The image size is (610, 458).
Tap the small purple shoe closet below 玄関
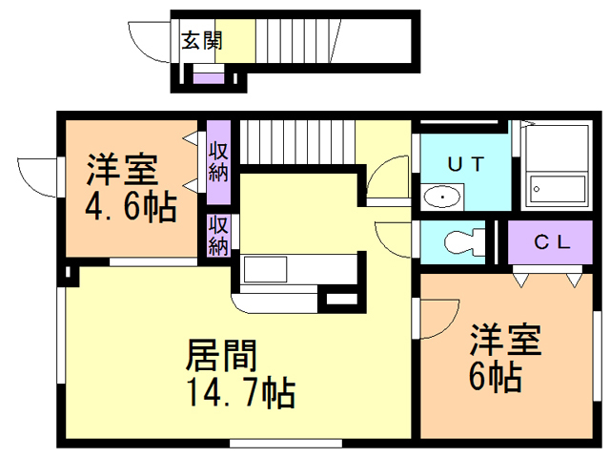[208, 77]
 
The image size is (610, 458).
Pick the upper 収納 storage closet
[218, 162]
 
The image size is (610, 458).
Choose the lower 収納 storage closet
[218, 235]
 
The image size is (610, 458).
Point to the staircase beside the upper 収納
[295, 143]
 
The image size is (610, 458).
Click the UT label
[466, 163]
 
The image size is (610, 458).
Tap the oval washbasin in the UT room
[441, 198]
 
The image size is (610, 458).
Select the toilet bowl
[462, 241]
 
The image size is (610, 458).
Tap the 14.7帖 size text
[238, 392]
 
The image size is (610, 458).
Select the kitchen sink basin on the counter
[272, 269]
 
